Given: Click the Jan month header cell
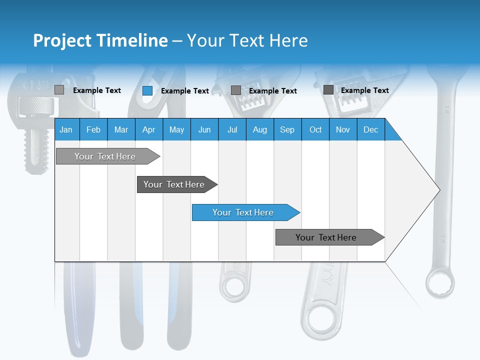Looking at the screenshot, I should click(66, 129).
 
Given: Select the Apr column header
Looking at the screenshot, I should click(148, 129).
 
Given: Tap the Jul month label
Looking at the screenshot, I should click(232, 129).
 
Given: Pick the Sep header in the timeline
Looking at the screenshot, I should click(287, 129).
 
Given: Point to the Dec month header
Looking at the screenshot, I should click(370, 129).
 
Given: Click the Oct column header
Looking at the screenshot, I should click(315, 129).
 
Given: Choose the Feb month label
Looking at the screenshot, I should click(93, 129).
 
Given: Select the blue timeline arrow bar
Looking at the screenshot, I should click(245, 212).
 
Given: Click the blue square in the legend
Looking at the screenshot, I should click(147, 90).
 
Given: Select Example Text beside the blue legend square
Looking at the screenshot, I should click(184, 90).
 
